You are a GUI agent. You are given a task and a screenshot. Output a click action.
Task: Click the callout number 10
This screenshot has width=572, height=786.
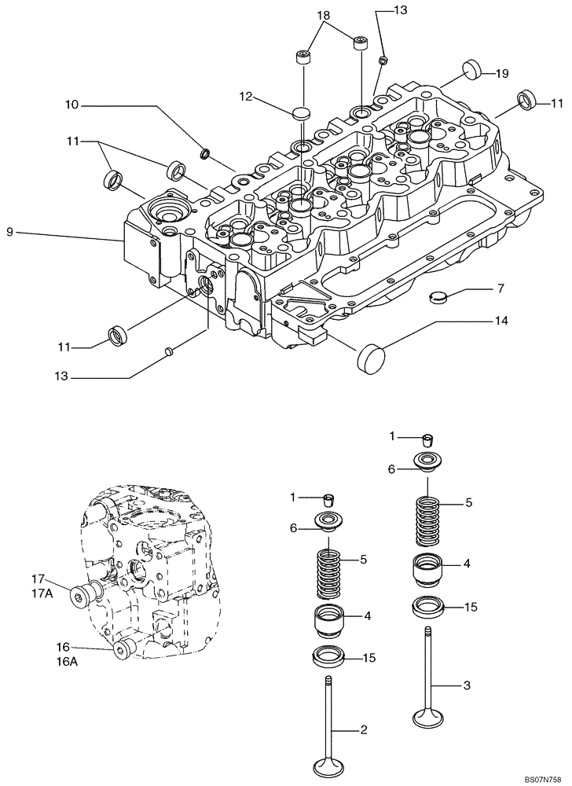coord(71,105)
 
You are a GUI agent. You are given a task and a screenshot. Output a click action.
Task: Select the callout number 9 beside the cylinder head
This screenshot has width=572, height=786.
coord(9,232)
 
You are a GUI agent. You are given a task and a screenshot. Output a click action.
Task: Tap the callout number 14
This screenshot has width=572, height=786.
coord(500,321)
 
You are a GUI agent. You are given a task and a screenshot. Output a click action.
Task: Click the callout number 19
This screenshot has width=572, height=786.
coord(502,73)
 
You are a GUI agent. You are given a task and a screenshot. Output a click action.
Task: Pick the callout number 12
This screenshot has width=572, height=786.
coord(246,96)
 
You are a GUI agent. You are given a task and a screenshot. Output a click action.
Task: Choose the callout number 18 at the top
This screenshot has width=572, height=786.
coord(324,16)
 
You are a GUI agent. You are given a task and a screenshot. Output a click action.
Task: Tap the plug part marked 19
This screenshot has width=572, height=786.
coord(472,69)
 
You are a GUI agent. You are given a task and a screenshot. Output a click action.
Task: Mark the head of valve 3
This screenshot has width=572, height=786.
coord(430,718)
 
